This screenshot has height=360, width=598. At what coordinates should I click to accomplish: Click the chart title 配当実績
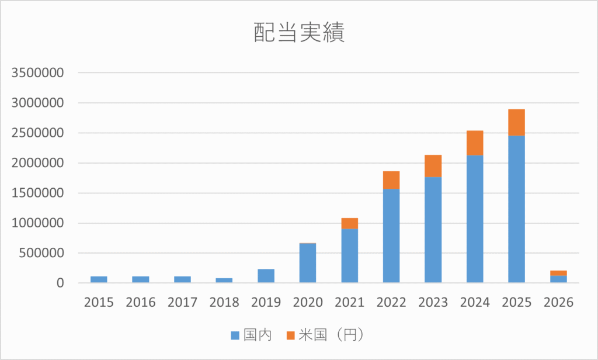point(299,33)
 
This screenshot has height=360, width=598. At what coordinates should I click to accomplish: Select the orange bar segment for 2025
point(516,122)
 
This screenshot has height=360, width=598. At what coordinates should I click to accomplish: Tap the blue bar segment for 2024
point(475,219)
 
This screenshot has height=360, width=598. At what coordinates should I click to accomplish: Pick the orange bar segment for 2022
point(391,180)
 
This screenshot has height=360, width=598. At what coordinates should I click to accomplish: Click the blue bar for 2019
point(266,276)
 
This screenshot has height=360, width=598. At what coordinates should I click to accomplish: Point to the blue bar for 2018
point(224,281)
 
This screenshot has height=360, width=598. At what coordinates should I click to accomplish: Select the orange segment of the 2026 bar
point(558,273)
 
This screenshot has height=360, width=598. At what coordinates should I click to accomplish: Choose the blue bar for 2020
point(308,263)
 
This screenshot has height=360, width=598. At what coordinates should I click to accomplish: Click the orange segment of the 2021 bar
point(349,223)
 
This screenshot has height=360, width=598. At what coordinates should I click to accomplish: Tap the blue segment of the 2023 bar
point(433,230)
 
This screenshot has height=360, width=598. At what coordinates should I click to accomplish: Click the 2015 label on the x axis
point(99,302)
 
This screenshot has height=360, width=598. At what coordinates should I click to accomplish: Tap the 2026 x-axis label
point(558,302)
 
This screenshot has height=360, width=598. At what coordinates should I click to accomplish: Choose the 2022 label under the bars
point(391,302)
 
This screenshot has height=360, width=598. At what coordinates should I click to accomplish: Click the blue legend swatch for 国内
point(235,335)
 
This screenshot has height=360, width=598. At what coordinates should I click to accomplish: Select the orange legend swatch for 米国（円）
point(290,335)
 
